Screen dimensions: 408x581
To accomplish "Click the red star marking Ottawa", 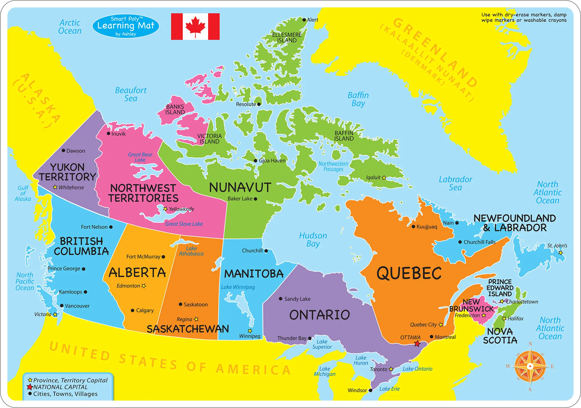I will click(x=417, y=344).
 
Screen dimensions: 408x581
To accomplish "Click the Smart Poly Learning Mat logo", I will click(x=126, y=26).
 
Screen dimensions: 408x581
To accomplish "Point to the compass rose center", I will click(x=530, y=366).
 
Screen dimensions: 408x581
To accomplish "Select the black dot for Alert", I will click(x=304, y=20).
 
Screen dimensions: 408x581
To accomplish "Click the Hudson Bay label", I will click(x=313, y=239).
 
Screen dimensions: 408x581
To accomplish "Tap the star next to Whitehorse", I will click(x=55, y=187).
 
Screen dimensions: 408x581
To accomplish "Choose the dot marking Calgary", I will click(x=133, y=310).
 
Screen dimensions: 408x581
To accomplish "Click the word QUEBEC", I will click(x=409, y=273).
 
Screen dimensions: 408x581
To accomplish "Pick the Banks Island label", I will click(x=175, y=109).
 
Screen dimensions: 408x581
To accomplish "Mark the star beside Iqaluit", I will click(x=384, y=178).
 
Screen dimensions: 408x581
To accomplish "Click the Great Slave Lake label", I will click(x=184, y=224).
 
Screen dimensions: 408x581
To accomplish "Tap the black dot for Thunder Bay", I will click(x=310, y=338).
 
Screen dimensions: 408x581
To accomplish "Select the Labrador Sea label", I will click(x=455, y=183).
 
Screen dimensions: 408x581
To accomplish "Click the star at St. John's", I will click(x=561, y=253).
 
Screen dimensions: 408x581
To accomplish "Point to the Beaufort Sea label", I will click(x=131, y=94).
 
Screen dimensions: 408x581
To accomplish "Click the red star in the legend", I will click(x=30, y=387).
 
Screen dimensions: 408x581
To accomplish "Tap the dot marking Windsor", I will click(x=370, y=390).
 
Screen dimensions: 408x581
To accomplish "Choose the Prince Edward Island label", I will click(x=500, y=288).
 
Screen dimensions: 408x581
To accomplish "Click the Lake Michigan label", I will click(x=325, y=371).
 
